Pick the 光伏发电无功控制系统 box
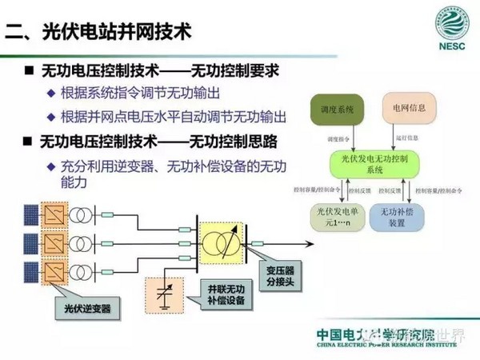[370, 164]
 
